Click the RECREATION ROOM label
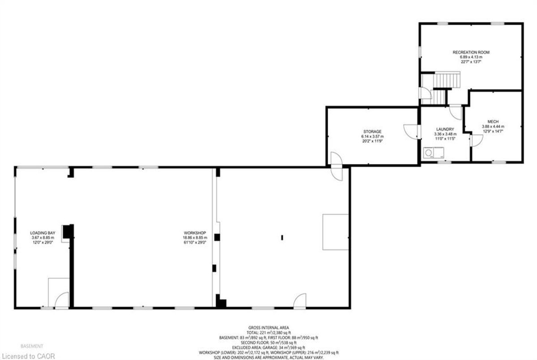point(471,52)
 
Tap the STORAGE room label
point(372,131)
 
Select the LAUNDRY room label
point(445,129)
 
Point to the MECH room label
point(493,122)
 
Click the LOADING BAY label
point(43,233)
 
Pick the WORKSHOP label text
point(195,233)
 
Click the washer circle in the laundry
point(429,153)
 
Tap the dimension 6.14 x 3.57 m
point(372,136)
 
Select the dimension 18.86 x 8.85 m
point(195,237)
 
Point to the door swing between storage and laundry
point(411,131)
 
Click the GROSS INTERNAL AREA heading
point(268,327)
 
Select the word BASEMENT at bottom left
point(32,346)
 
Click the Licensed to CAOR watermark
point(28,356)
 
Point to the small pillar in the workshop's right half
point(282,237)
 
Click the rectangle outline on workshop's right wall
point(335,232)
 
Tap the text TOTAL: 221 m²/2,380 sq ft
point(268,332)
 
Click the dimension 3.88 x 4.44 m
point(493,127)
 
